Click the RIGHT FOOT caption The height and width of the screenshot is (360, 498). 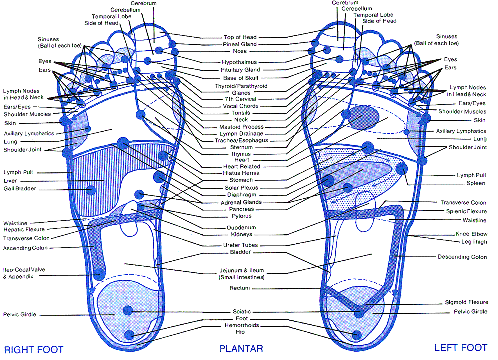pos(34,349)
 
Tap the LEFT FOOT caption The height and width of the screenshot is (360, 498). pos(460,348)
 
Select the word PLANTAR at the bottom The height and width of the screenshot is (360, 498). pos(241,349)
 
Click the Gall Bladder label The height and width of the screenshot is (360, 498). pos(20,189)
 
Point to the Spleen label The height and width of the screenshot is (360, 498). pos(476,183)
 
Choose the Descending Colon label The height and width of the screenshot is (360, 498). pos(462,257)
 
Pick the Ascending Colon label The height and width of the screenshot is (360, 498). pos(25,248)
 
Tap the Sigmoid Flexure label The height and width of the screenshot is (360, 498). pos(466,302)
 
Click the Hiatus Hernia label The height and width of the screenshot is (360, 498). pos(241,173)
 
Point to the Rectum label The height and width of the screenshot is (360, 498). pos(240,288)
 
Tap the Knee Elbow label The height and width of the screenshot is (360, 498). pos(471,234)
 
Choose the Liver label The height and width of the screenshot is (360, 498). pos(10,181)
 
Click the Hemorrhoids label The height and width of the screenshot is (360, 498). pos(241,325)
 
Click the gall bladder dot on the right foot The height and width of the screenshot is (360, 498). pos(91,190)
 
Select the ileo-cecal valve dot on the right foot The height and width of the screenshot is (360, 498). pos(100,274)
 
